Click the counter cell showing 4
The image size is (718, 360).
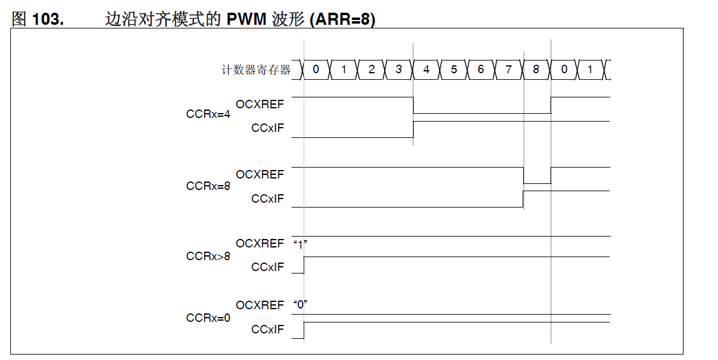pyautogui.click(x=426, y=70)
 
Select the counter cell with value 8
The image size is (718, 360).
pyautogui.click(x=536, y=70)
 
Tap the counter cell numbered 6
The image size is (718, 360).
pyautogui.click(x=481, y=70)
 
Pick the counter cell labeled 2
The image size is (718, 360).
pyautogui.click(x=371, y=70)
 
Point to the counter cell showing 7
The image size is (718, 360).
pyautogui.click(x=508, y=70)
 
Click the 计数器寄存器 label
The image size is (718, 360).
pyautogui.click(x=256, y=70)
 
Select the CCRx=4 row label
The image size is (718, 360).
pyautogui.click(x=208, y=114)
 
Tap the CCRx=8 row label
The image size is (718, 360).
pyautogui.click(x=208, y=186)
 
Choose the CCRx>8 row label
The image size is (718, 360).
pyautogui.click(x=208, y=257)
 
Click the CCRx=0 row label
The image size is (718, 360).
pyautogui.click(x=208, y=318)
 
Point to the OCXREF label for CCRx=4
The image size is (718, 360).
pyautogui.click(x=259, y=105)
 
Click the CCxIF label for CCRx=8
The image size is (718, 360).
pyautogui.click(x=267, y=198)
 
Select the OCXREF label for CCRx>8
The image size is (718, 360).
pyautogui.click(x=259, y=243)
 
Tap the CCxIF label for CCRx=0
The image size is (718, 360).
pyautogui.click(x=267, y=329)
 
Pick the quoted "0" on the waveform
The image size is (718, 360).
pyautogui.click(x=301, y=304)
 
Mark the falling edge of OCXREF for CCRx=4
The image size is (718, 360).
pyautogui.click(x=413, y=105)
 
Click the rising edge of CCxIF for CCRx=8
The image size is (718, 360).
pyautogui.click(x=523, y=199)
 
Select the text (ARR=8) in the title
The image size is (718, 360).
pyautogui.click(x=342, y=19)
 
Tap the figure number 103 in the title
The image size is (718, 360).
pyautogui.click(x=47, y=19)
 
